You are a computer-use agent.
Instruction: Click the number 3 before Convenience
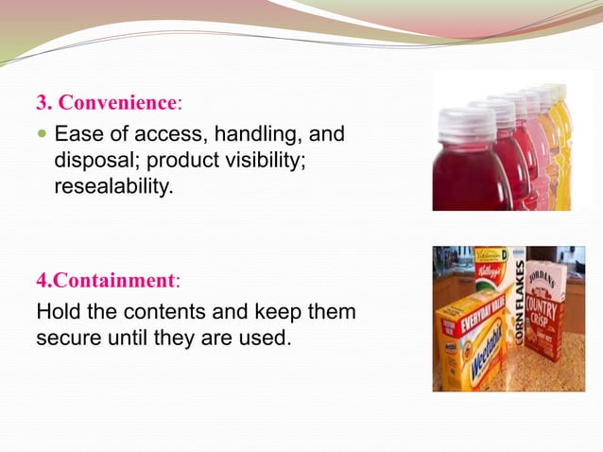coord(41,103)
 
